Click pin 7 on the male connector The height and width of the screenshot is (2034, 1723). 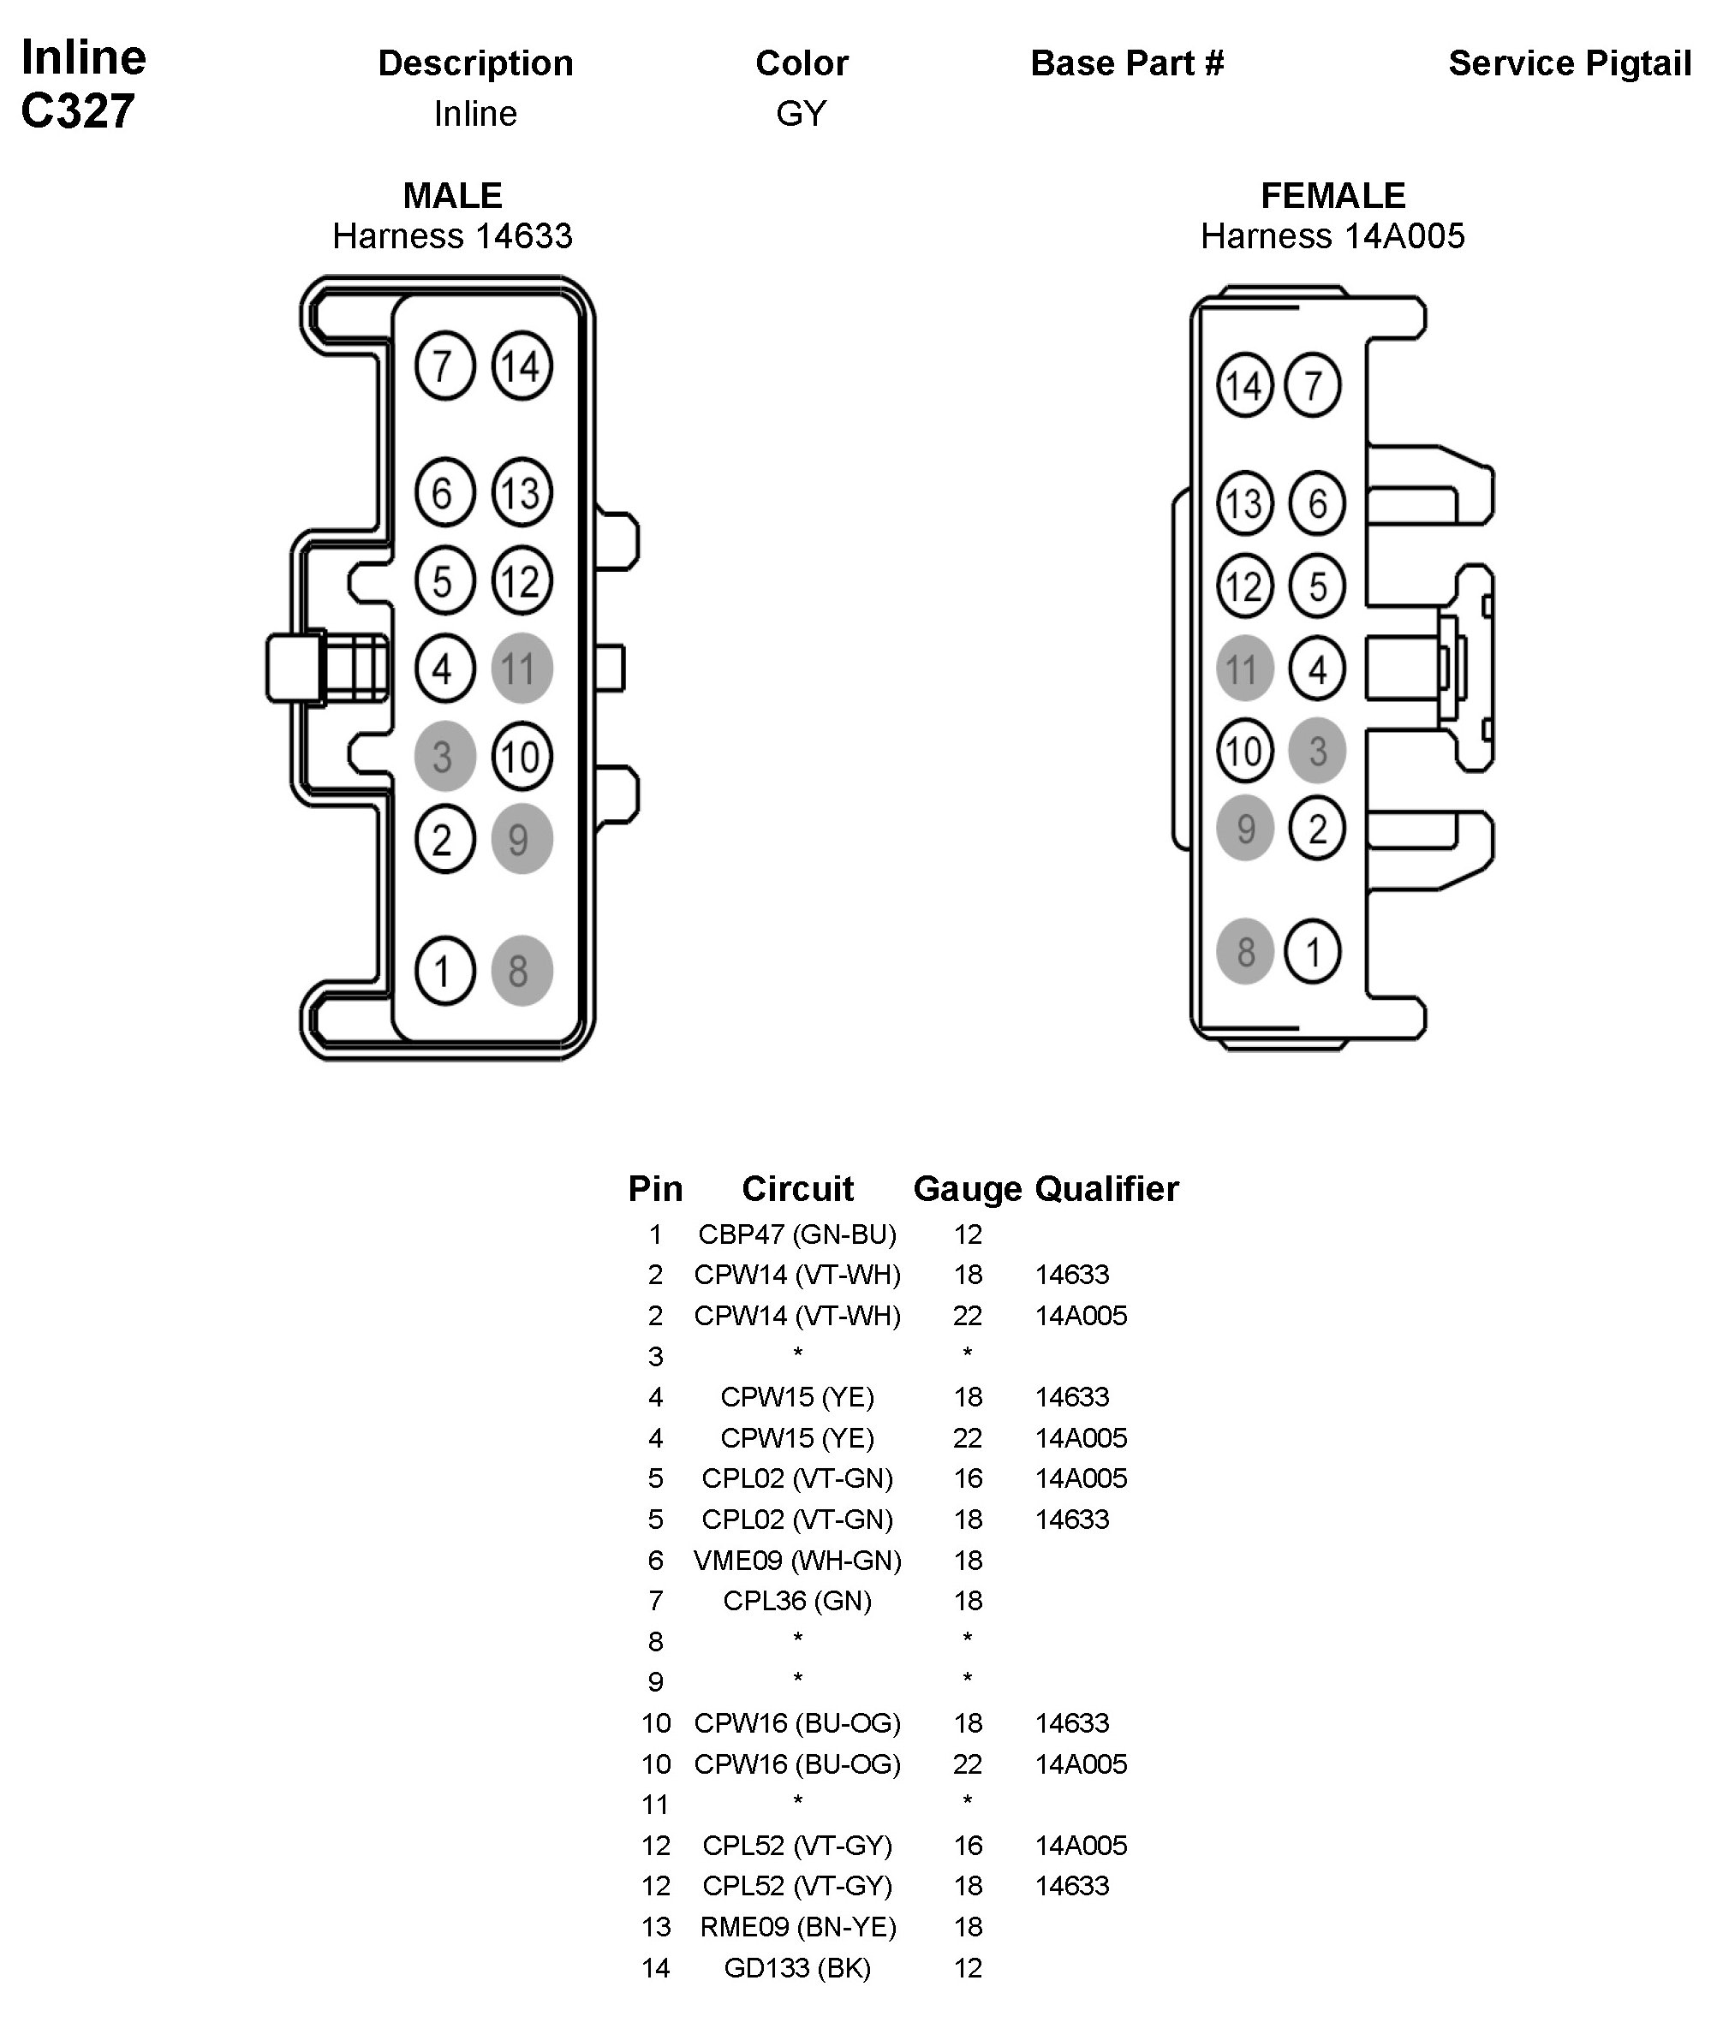444,366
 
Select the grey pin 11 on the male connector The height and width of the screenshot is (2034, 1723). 522,669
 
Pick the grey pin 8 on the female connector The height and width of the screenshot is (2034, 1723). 1244,951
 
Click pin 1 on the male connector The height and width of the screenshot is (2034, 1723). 444,971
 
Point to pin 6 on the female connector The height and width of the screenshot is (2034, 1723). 1317,503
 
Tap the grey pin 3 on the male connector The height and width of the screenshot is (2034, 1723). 444,757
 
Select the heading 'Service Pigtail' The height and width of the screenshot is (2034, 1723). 1569,63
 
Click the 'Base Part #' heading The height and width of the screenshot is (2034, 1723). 1126,63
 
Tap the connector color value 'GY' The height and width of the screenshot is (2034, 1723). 801,114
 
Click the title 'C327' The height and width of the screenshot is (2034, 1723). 77,111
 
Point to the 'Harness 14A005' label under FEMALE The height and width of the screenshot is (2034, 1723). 1332,236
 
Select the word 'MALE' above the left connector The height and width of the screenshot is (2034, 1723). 452,195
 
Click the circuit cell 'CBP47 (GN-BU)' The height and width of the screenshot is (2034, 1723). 797,1234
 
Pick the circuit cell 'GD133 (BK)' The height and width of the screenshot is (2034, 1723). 797,1967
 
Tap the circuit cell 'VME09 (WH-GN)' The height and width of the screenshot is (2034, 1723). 797,1561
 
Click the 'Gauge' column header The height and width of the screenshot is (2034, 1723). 967,1188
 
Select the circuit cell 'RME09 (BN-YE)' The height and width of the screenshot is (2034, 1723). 797,1927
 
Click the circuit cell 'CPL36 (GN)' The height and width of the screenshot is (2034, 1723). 797,1601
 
